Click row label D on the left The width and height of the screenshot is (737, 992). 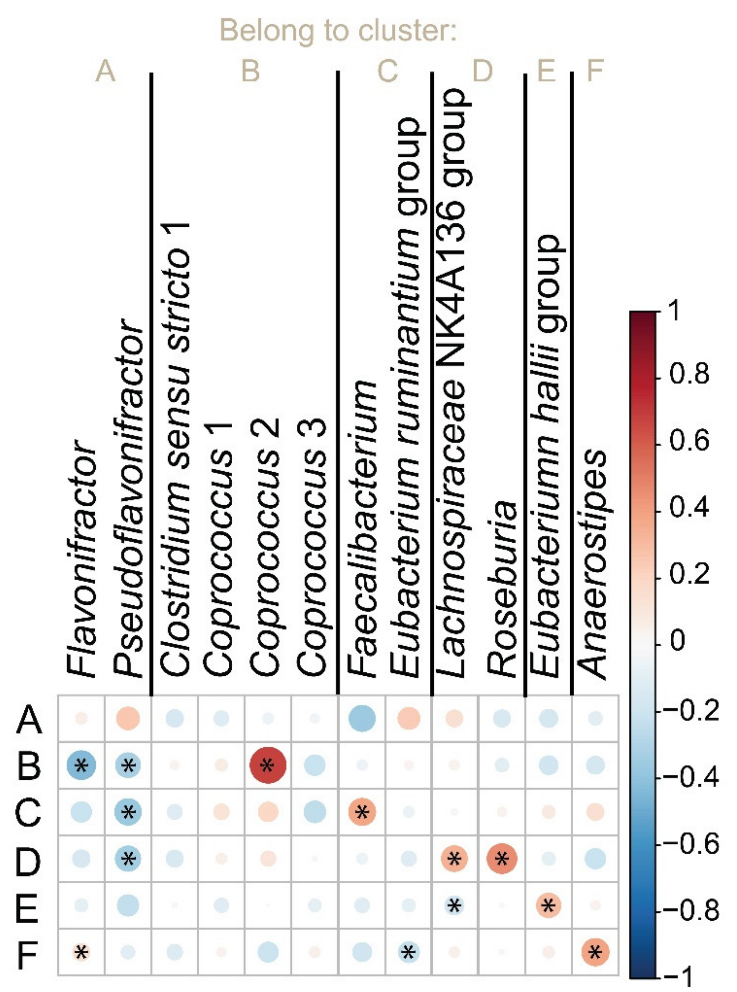[x=28, y=859]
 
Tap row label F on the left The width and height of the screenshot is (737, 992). [x=27, y=952]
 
